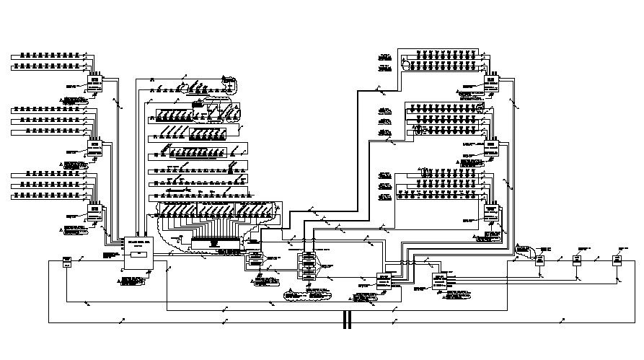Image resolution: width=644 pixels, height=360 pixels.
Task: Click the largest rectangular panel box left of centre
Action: tap(137, 253)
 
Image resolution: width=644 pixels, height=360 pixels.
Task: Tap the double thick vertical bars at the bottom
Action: tap(347, 320)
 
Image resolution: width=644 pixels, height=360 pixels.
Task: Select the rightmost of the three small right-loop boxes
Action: tap(617, 260)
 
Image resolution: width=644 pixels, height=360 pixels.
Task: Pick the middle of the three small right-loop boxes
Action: tap(578, 260)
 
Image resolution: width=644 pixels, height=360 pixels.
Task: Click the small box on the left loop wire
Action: tap(66, 260)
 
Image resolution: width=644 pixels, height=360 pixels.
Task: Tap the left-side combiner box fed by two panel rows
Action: tap(96, 85)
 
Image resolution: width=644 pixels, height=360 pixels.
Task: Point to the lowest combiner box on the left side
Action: tap(96, 211)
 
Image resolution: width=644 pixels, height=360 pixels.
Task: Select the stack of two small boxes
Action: tap(255, 258)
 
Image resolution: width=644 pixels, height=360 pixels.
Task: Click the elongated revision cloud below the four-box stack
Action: tap(308, 294)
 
